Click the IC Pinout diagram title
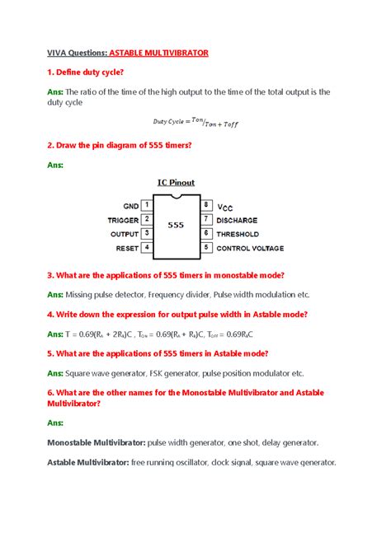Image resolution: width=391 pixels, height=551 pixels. coord(176,182)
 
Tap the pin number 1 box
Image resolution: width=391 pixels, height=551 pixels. coord(147,205)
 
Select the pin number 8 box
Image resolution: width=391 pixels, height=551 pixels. coord(205,205)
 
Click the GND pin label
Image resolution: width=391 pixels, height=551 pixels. coord(131,206)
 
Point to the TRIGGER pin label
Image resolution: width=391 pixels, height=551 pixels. coord(123,220)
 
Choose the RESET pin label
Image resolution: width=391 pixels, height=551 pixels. coord(127,248)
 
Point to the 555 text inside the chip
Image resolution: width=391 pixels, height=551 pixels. coord(176,224)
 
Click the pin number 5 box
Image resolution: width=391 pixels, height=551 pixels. coord(205,247)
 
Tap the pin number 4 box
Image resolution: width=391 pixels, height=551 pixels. coord(147,247)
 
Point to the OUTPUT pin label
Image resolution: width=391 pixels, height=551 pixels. coord(125,234)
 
